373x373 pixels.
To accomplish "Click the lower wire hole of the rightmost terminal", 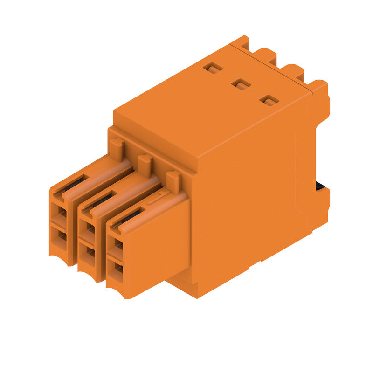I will [x=118, y=268].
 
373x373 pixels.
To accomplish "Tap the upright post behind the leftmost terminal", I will [x=117, y=148].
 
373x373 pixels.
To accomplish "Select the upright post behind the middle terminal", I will [x=145, y=164].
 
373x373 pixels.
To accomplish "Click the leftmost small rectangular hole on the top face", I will [x=213, y=69].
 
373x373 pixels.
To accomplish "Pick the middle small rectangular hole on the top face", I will [x=241, y=84].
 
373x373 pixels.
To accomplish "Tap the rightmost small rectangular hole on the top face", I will [x=269, y=100].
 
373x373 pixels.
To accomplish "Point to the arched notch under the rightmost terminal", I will [x=117, y=290].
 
